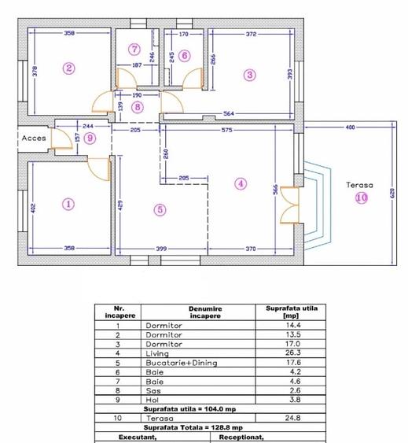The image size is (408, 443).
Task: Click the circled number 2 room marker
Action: point(69,68)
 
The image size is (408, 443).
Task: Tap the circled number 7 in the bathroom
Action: point(134,49)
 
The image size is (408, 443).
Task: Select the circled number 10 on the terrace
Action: point(362,198)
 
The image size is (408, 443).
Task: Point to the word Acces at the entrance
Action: point(34,138)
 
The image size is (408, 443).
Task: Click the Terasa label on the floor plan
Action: point(360,185)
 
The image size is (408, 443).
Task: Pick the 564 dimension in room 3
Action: point(229,113)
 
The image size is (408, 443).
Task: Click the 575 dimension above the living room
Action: point(227,130)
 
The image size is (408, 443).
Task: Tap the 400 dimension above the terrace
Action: point(350,127)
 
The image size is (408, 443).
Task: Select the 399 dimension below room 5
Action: point(161,249)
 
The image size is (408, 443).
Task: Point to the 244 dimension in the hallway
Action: point(88,126)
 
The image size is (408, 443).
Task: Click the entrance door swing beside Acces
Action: point(61,138)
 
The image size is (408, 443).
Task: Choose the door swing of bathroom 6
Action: point(193,78)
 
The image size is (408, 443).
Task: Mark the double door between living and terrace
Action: point(290,205)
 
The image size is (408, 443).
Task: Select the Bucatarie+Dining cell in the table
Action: point(182,363)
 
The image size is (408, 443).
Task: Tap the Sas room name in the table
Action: point(153,391)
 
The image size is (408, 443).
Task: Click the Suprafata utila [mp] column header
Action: point(292,312)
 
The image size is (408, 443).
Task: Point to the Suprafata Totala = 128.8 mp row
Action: point(193,427)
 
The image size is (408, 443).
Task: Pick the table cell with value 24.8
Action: point(292,418)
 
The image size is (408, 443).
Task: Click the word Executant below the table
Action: point(138,437)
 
